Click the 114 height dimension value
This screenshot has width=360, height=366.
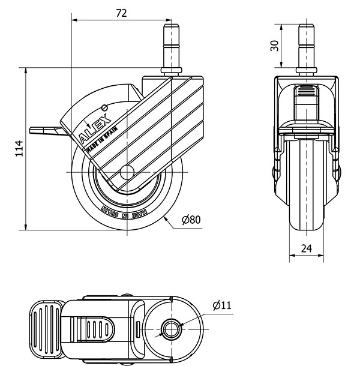pyautogui.click(x=18, y=148)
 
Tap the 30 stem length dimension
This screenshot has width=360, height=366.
pyautogui.click(x=274, y=46)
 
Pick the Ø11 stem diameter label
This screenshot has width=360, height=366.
pyautogui.click(x=221, y=306)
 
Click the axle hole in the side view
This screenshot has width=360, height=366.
pyautogui.click(x=127, y=172)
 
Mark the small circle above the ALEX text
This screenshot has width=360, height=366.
pyautogui.click(x=105, y=107)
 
